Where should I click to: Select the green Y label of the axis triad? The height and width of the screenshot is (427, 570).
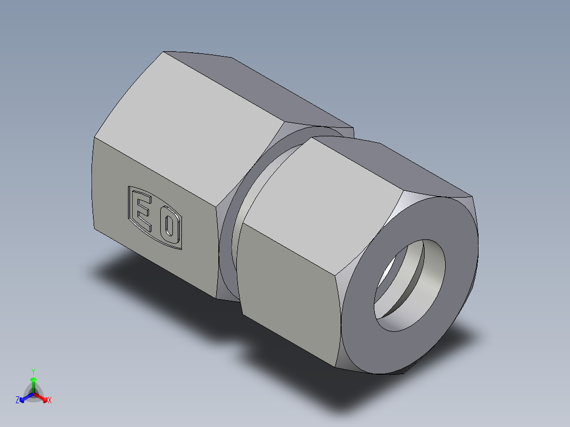tap(33, 372)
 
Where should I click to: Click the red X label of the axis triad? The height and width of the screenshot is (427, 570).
tap(50, 400)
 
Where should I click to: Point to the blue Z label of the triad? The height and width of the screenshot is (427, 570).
tap(17, 400)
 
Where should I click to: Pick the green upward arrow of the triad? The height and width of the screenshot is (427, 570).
tap(33, 382)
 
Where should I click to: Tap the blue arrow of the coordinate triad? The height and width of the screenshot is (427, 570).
tap(24, 397)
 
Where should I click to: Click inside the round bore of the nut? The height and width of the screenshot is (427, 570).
tap(423, 285)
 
